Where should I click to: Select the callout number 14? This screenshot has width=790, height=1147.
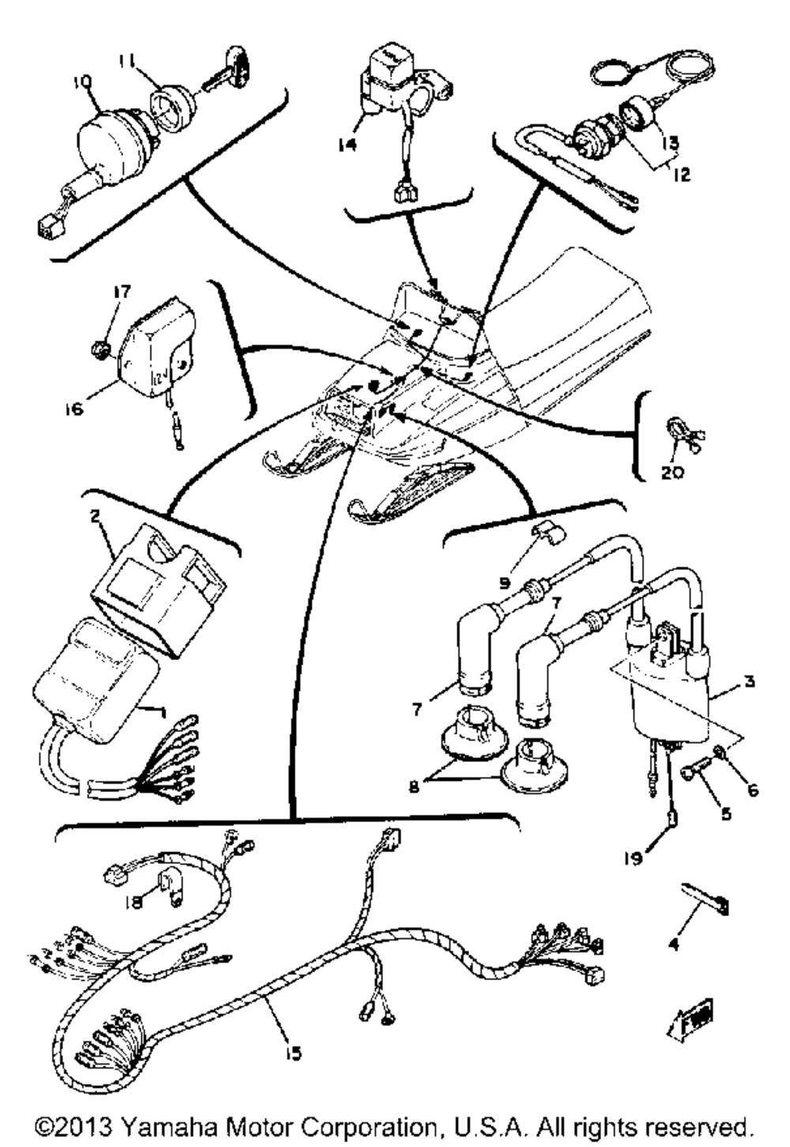coord(347,145)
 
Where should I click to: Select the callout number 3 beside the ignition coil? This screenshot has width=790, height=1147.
coord(750,680)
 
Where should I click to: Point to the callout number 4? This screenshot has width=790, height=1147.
coord(674,943)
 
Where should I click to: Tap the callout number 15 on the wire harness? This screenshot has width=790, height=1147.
coord(294,1054)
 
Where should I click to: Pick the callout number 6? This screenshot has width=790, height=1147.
coord(752,790)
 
